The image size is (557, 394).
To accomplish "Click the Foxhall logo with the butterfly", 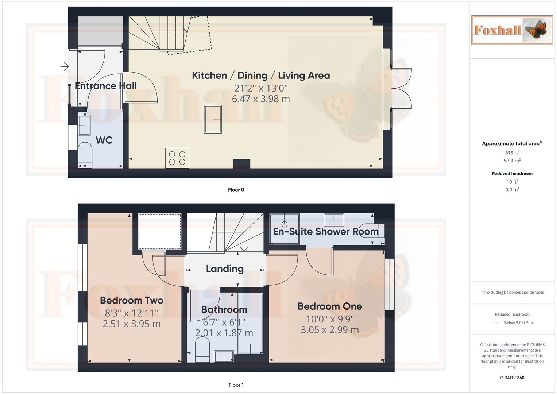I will pyautogui.click(x=512, y=30).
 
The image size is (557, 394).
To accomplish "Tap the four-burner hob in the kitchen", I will pyautogui.click(x=177, y=158).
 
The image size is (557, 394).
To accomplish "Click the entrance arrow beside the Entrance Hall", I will pyautogui.click(x=65, y=66).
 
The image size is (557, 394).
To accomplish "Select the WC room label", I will pyautogui.click(x=104, y=140).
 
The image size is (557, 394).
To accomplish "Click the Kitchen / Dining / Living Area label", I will pyautogui.click(x=261, y=76).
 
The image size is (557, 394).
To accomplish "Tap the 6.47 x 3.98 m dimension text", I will pyautogui.click(x=261, y=99).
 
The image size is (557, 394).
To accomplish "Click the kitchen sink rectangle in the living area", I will pyautogui.click(x=213, y=119).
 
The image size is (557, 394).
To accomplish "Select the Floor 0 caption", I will pyautogui.click(x=236, y=190).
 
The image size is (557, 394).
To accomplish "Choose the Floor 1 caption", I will pyautogui.click(x=236, y=385).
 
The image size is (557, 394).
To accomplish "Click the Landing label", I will pyautogui.click(x=225, y=269).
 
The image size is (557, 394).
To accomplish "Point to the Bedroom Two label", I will pyautogui.click(x=131, y=300).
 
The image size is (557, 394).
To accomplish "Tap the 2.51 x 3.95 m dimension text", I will pyautogui.click(x=131, y=324).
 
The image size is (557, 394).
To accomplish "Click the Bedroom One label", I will pyautogui.click(x=330, y=306).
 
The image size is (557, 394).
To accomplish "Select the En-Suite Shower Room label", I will pyautogui.click(x=326, y=232).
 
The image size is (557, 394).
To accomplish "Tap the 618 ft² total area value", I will pyautogui.click(x=512, y=153).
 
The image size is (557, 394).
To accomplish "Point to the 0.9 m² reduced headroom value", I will pyautogui.click(x=512, y=190).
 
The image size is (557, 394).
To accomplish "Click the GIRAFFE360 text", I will pyautogui.click(x=512, y=378).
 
